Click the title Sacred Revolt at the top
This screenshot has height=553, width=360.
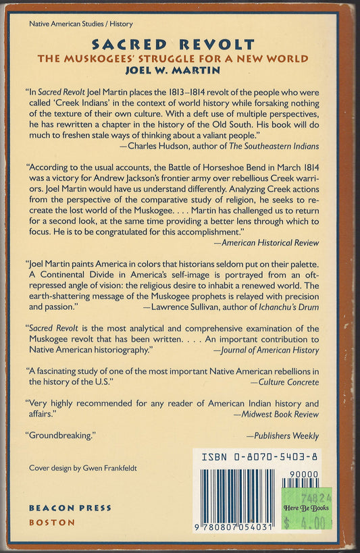pos(175,45)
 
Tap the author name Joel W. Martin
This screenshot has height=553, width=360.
pos(175,69)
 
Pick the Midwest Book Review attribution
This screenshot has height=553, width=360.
pos(275,414)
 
